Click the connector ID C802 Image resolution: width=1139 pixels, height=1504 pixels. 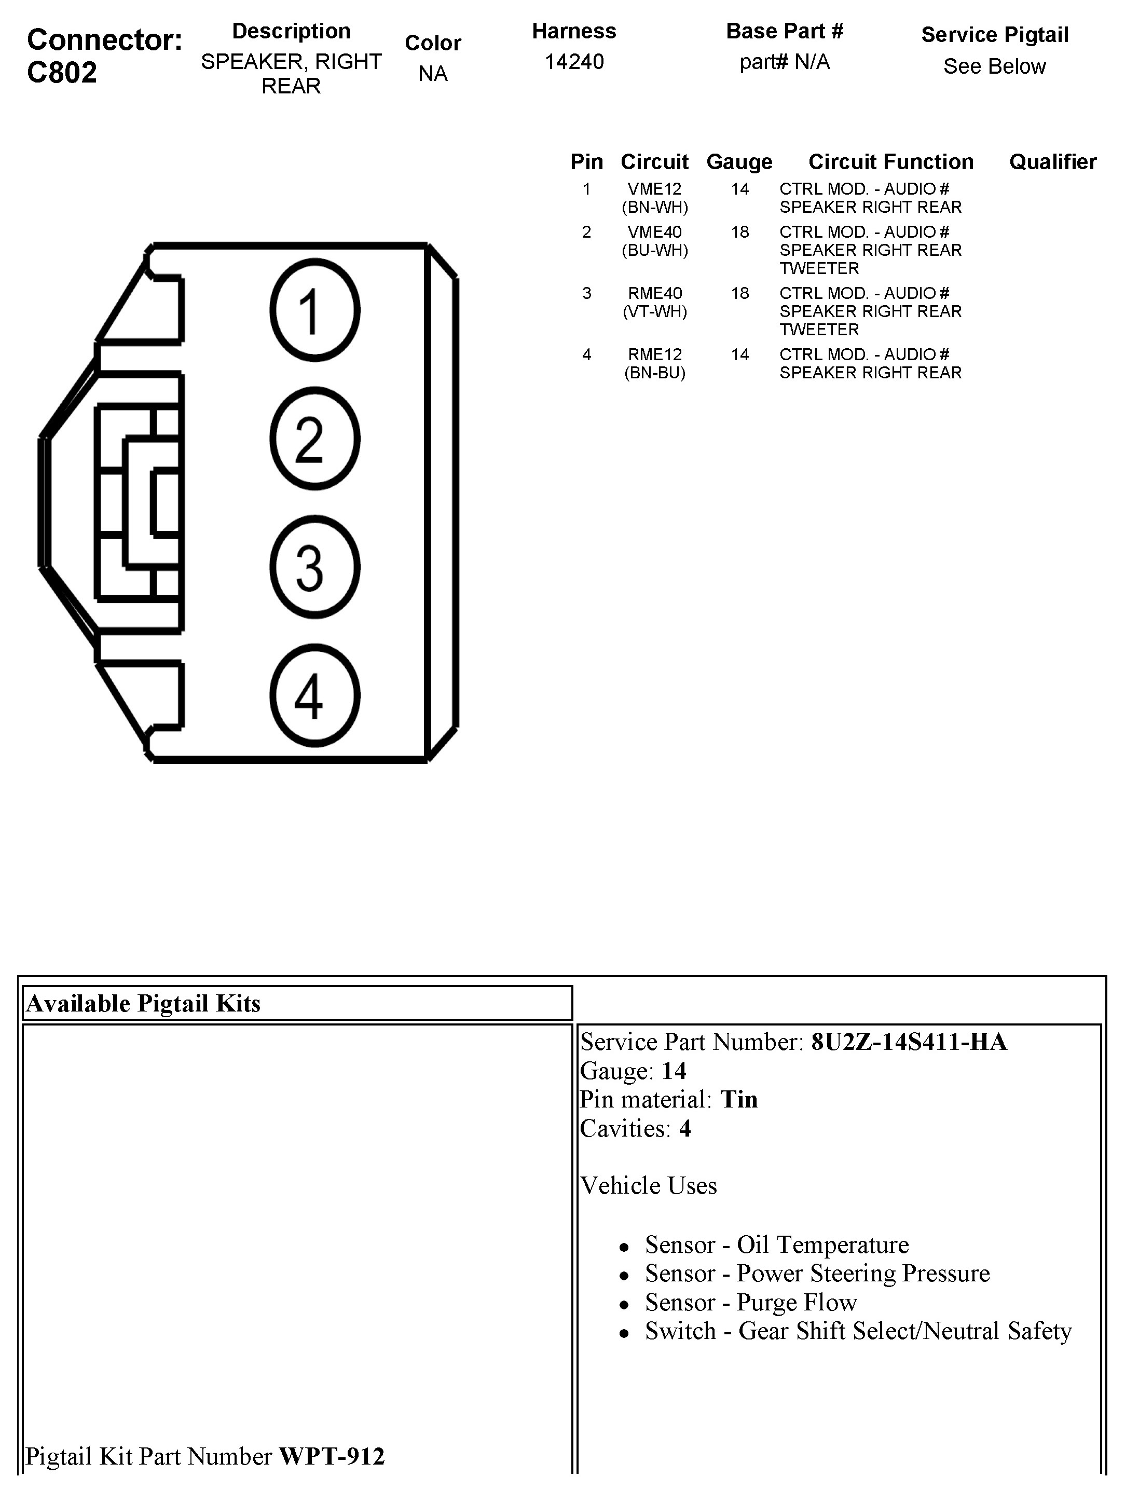pyautogui.click(x=62, y=72)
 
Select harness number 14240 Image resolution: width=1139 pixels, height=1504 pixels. pyautogui.click(x=574, y=62)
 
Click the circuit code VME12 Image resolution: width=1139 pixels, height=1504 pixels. pyautogui.click(x=654, y=189)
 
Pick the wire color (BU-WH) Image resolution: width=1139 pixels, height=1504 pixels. pyautogui.click(x=654, y=250)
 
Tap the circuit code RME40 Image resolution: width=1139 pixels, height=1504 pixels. pyautogui.click(x=654, y=293)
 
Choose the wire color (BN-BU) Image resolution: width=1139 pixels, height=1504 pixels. pyautogui.click(x=654, y=373)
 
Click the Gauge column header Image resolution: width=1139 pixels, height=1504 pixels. pyautogui.click(x=739, y=162)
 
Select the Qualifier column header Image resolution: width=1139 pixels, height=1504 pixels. pyautogui.click(x=1053, y=162)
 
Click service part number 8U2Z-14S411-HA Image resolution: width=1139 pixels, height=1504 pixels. pyautogui.click(x=909, y=1042)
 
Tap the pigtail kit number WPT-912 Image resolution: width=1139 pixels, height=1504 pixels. pyautogui.click(x=332, y=1456)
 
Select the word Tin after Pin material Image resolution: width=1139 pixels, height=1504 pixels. pyautogui.click(x=738, y=1099)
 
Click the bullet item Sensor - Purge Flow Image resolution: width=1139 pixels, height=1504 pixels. pyautogui.click(x=751, y=1302)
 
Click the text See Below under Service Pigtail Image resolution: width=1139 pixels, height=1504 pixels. pyautogui.click(x=994, y=66)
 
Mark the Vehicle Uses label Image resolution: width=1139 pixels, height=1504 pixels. pyautogui.click(x=648, y=1185)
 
